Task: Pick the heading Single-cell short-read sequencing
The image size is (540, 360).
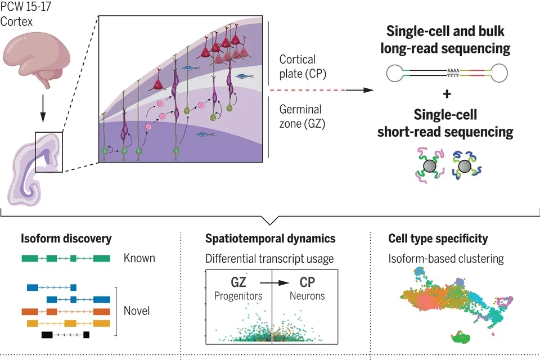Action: (x=448, y=123)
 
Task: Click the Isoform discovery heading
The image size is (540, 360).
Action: (x=66, y=239)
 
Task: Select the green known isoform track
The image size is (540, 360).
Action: (x=66, y=259)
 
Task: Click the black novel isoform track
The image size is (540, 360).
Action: (x=65, y=335)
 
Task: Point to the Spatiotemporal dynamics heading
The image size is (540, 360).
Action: (x=271, y=239)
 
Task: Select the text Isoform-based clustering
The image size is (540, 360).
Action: (x=446, y=259)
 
